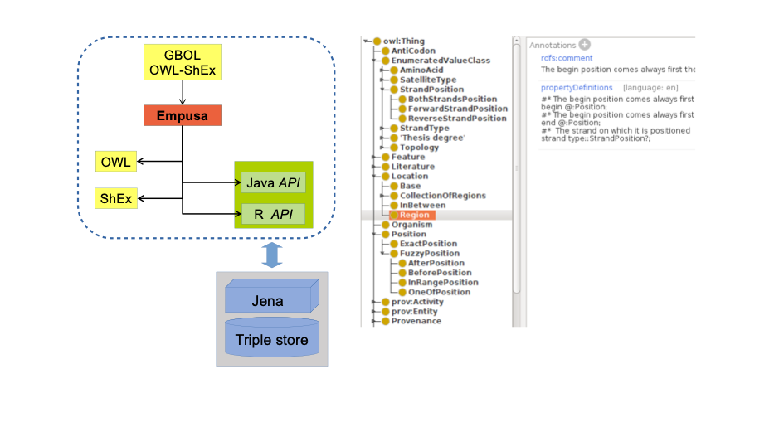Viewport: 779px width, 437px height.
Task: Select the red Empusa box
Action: click(x=183, y=116)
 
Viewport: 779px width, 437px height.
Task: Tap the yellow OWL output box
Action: click(x=116, y=162)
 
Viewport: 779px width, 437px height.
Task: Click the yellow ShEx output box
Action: click(x=116, y=199)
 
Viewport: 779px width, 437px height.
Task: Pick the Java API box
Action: click(x=273, y=182)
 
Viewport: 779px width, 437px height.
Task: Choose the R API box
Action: click(x=273, y=215)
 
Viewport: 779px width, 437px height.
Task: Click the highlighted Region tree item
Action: click(x=415, y=215)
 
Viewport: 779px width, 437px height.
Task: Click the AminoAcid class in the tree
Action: click(x=421, y=70)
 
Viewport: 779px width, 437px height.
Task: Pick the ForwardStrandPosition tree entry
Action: click(x=457, y=109)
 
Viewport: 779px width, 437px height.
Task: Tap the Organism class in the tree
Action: click(x=411, y=225)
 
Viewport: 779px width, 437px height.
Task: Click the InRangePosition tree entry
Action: click(x=442, y=283)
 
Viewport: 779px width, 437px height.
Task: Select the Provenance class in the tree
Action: click(x=416, y=321)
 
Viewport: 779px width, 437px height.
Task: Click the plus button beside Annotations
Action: click(x=584, y=44)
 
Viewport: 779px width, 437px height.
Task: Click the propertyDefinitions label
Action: click(x=577, y=87)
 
